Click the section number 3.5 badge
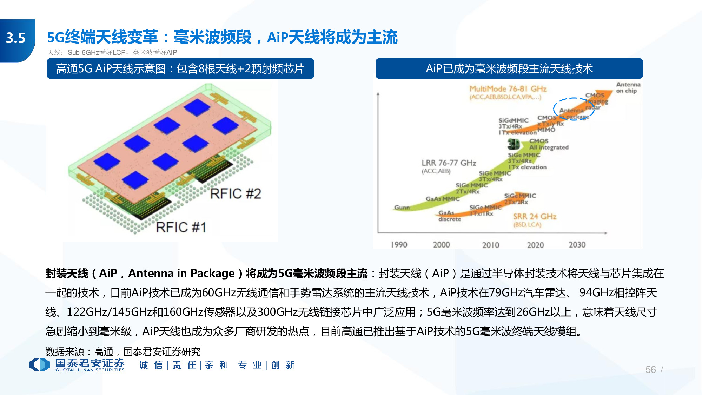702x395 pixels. tap(16, 38)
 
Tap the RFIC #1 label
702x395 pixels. tap(181, 228)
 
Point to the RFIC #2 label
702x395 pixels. tap(236, 194)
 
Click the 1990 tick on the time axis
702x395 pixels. tap(399, 245)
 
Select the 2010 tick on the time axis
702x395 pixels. tap(490, 245)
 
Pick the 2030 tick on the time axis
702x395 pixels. tap(577, 245)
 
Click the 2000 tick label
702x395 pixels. tap(441, 245)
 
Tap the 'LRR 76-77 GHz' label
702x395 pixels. tap(449, 163)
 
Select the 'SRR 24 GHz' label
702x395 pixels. tap(535, 217)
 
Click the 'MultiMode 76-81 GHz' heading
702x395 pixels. tap(508, 89)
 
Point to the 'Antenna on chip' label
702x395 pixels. tap(628, 87)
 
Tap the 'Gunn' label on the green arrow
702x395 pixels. tap(402, 208)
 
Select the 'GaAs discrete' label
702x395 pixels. tap(449, 216)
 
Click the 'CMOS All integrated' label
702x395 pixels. tap(549, 144)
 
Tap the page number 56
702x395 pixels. tap(650, 369)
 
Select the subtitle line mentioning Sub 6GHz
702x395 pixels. tap(112, 53)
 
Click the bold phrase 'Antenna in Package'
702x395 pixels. tap(181, 273)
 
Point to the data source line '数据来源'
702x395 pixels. tap(123, 351)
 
